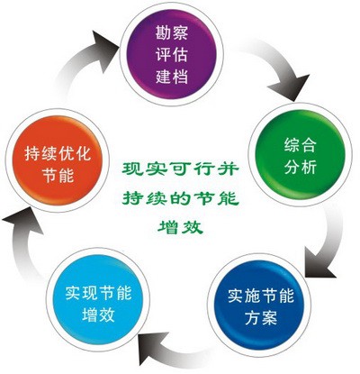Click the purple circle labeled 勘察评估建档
(172, 53)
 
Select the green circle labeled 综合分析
(301, 154)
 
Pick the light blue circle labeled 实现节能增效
(98, 300)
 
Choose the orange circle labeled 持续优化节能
(58, 160)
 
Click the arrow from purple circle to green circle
(282, 65)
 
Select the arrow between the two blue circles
(177, 351)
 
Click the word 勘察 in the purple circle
(172, 32)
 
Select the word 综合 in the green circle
(301, 145)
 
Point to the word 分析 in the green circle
(301, 166)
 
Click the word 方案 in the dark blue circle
(261, 317)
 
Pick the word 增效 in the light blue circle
(99, 315)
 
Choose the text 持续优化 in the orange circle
(58, 154)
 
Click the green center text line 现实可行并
(181, 169)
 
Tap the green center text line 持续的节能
(181, 198)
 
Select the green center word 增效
(181, 227)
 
